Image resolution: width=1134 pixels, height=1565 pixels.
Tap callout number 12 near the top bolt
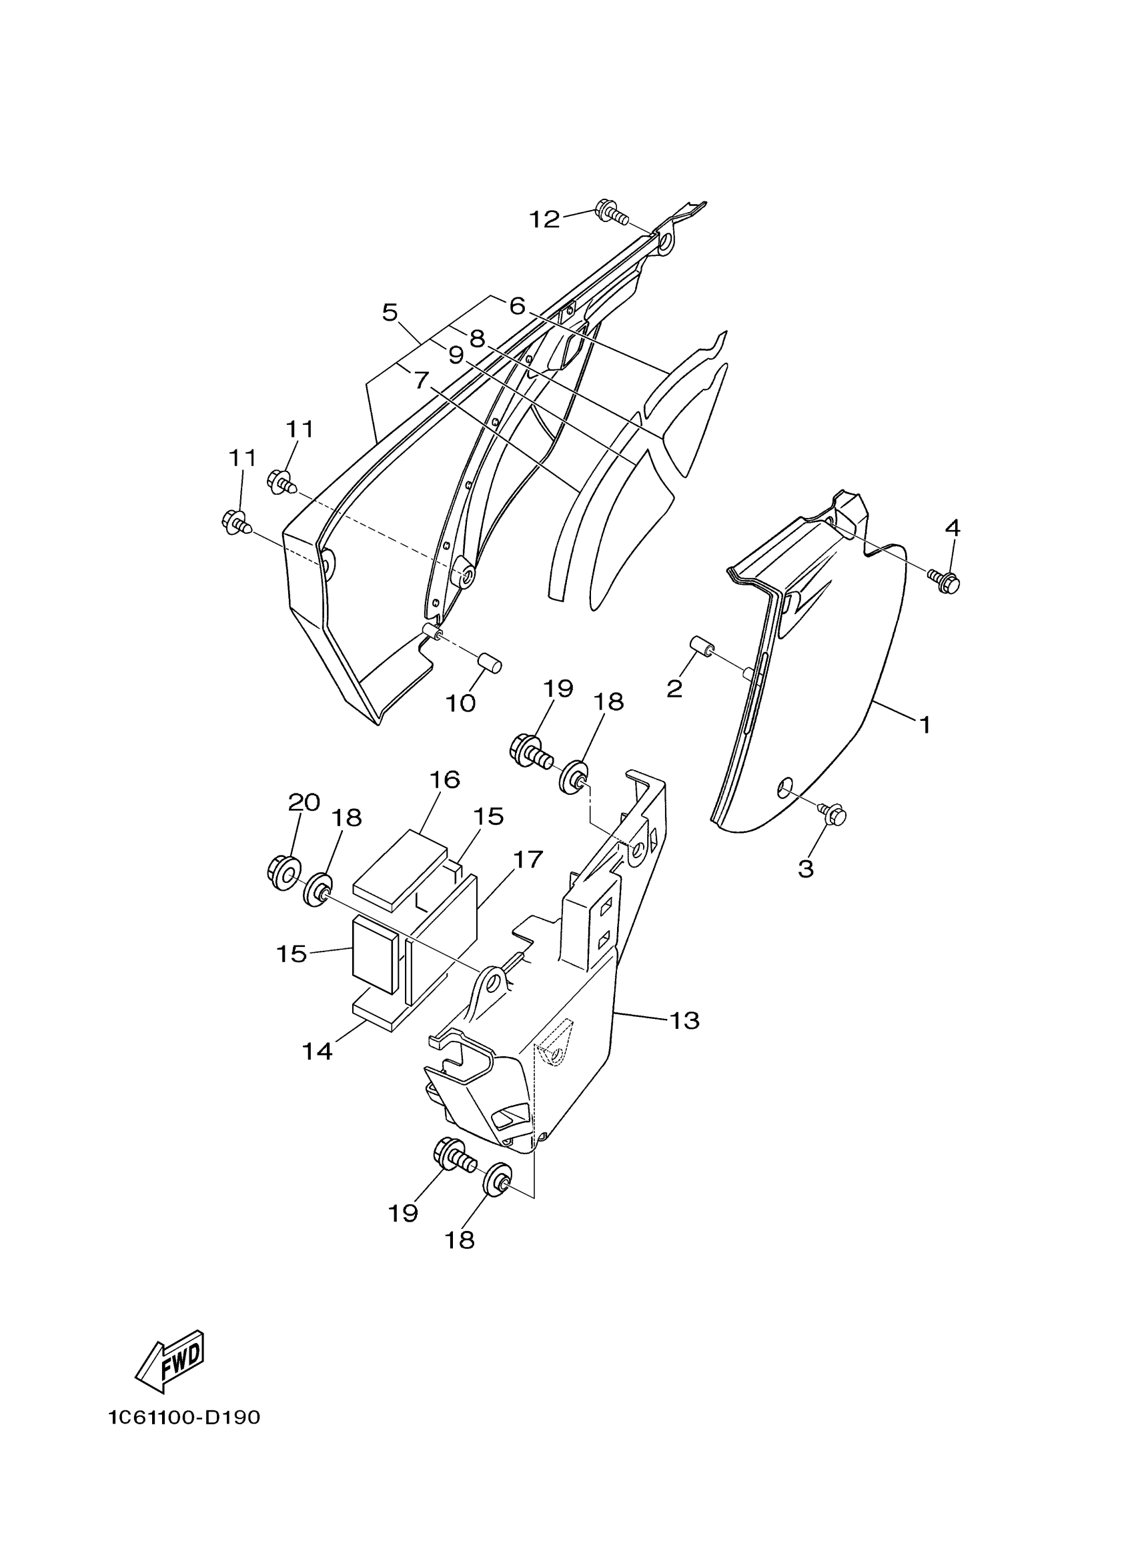pos(544,219)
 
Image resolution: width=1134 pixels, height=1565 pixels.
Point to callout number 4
pos(952,529)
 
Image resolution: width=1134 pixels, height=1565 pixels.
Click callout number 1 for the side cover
pos(925,725)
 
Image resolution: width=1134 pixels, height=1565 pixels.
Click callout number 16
pos(444,779)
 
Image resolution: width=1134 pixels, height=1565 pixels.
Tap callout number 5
pos(390,313)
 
